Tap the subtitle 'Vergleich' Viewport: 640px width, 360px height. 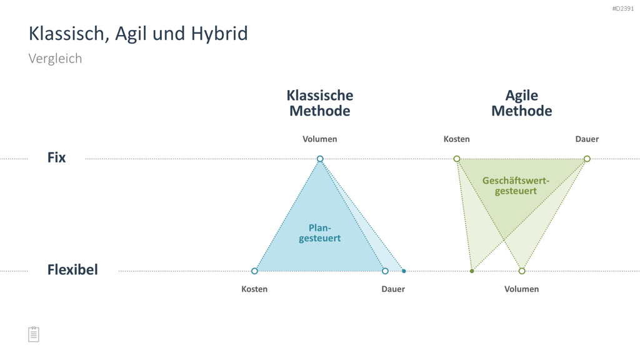tap(55, 59)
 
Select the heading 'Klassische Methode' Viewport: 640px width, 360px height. tap(319, 103)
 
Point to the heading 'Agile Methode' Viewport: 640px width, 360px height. tap(522, 103)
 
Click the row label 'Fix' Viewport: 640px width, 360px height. tap(56, 157)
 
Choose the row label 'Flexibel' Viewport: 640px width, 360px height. tap(72, 270)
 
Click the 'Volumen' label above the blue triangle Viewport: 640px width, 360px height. tap(319, 139)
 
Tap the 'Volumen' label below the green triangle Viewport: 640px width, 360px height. tap(521, 289)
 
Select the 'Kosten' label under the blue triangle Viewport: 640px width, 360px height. tap(254, 289)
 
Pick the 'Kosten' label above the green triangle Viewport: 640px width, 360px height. tap(456, 139)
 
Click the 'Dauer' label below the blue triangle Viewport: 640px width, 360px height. tap(393, 289)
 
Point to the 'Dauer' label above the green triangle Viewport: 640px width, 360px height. tap(587, 139)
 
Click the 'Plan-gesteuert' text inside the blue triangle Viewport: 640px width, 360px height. tap(319, 233)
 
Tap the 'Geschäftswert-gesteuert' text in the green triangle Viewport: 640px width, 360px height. tap(516, 186)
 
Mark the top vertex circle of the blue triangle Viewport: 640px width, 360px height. tap(320, 159)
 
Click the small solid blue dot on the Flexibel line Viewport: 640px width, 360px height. tap(404, 271)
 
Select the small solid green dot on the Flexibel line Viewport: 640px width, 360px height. tap(472, 271)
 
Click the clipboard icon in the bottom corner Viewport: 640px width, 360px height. tap(34, 334)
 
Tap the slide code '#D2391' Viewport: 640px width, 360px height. tap(623, 9)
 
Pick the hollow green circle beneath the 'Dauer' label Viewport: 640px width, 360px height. tap(587, 159)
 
